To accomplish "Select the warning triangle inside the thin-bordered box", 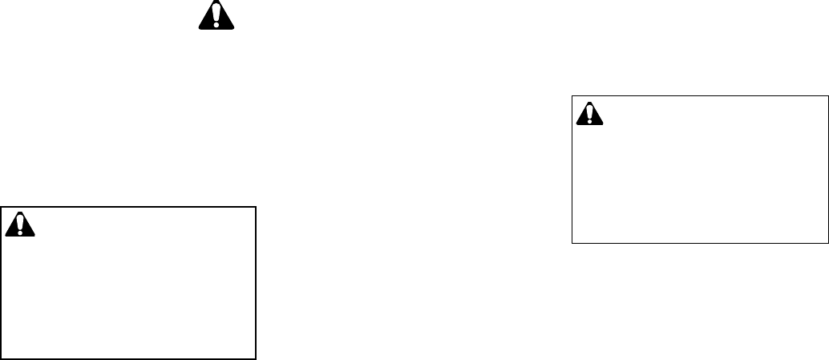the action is (589, 114).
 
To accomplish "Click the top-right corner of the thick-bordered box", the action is (255, 208).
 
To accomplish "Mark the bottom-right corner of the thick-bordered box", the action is (255, 358).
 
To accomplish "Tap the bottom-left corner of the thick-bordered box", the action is (2, 358).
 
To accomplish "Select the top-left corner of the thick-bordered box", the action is (2, 208).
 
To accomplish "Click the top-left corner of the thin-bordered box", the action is (572, 96).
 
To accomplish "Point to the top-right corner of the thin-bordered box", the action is (827, 96).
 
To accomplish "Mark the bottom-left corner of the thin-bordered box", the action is (572, 242).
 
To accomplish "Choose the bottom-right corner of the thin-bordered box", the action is (827, 242).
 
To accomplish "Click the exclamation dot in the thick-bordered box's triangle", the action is (21, 233).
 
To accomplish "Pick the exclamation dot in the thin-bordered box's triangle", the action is (589, 121).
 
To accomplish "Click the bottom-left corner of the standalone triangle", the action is (199, 30).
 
